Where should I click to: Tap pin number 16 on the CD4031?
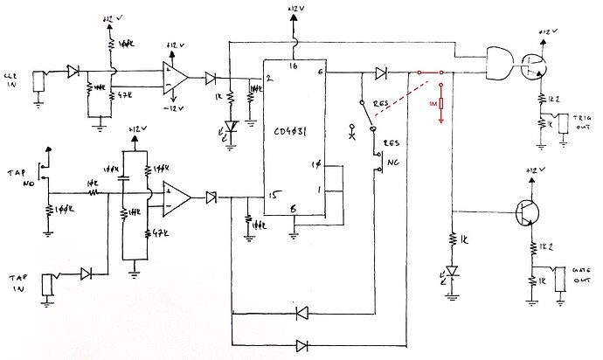294,66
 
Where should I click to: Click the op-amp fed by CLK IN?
174,77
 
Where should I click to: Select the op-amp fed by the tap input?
175,196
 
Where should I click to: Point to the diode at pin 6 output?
381,73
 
